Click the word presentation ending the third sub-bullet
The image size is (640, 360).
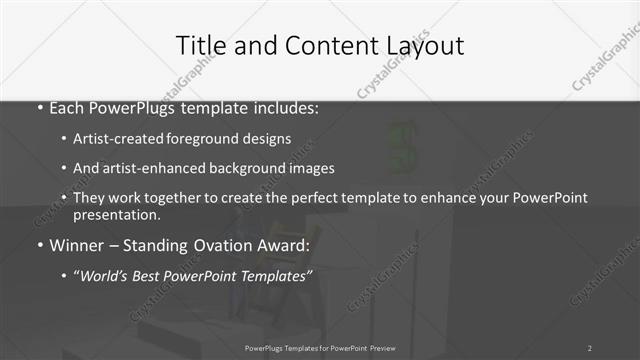(115, 214)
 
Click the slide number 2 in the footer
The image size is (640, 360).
(590, 347)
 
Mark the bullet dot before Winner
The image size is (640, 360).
(40, 245)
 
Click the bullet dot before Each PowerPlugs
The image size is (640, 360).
(40, 108)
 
